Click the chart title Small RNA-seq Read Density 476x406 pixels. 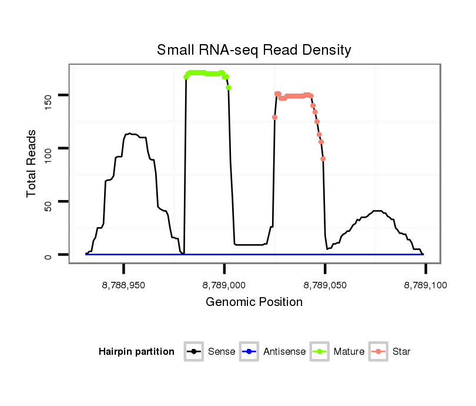point(254,50)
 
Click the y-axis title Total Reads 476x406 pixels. point(33,164)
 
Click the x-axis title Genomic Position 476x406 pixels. point(254,302)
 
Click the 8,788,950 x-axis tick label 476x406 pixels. point(123,285)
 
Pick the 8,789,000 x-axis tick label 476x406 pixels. point(224,285)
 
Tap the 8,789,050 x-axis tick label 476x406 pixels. point(325,285)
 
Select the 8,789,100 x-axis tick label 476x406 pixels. point(425,285)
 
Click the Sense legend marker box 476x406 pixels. point(193,352)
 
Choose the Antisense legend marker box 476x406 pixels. point(249,352)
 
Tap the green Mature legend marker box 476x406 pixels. point(319,352)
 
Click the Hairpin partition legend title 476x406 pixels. point(136,352)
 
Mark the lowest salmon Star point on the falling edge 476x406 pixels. point(323,159)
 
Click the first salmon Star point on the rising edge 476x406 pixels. point(274,117)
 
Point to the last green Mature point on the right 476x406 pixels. point(229,88)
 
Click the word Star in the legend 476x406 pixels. point(402,352)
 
